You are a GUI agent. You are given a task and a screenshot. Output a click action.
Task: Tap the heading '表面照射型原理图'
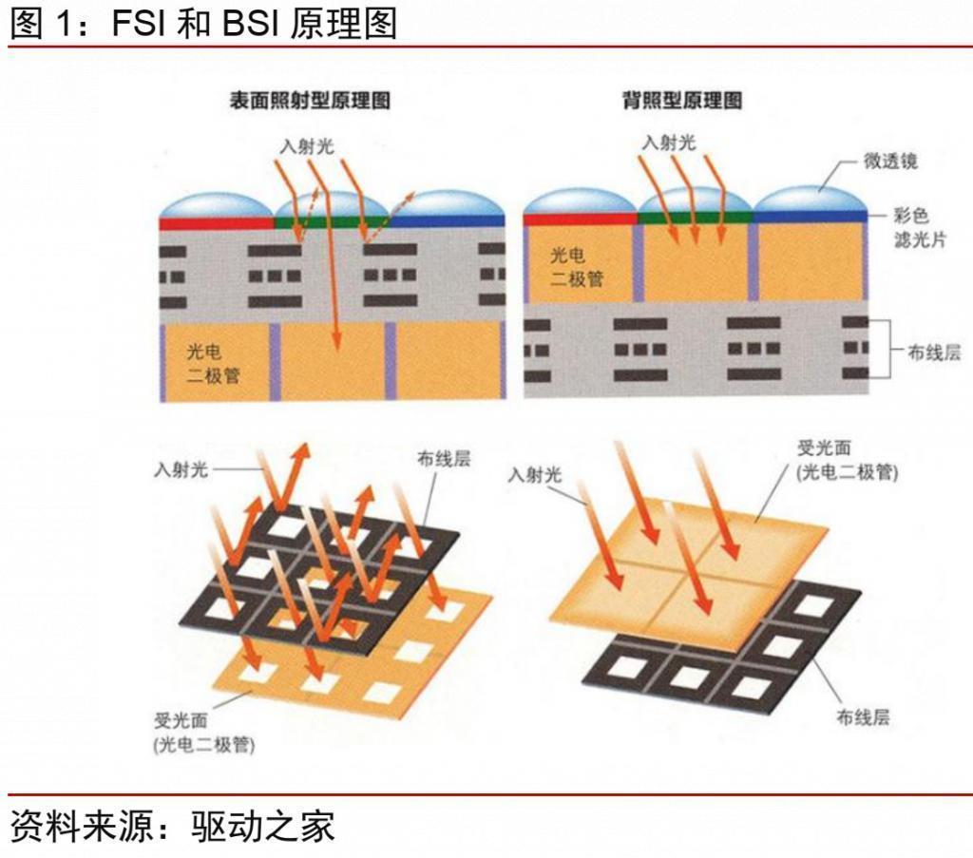coord(310,101)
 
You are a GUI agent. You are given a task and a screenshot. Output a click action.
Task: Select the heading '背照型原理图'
coord(682,101)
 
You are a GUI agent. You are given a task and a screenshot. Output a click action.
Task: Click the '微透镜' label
coord(889,161)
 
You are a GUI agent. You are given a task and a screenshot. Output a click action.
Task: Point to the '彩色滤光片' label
coord(920,227)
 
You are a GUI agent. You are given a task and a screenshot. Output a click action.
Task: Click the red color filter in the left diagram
coord(217,222)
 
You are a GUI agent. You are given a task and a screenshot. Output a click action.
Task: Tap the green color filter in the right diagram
coord(696,218)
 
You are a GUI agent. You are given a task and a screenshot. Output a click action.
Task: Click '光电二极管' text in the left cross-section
coord(213,364)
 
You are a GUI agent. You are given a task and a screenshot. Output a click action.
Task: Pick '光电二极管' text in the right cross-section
coord(577,267)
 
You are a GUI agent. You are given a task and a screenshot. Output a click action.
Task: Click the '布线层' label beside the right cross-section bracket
coord(934,353)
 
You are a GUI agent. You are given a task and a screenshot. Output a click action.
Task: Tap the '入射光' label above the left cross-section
coord(307,146)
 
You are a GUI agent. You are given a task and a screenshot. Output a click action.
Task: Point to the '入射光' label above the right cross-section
coord(669,143)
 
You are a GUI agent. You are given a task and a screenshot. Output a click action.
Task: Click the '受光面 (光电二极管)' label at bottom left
coord(204,733)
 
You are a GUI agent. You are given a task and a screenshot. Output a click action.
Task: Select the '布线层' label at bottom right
coord(863,717)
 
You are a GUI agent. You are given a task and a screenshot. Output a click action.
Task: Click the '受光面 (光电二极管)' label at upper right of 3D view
coord(847,460)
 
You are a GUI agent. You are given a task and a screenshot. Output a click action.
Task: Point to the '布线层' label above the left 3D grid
coord(444,459)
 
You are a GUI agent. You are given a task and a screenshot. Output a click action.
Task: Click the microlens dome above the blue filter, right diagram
coord(811,199)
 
